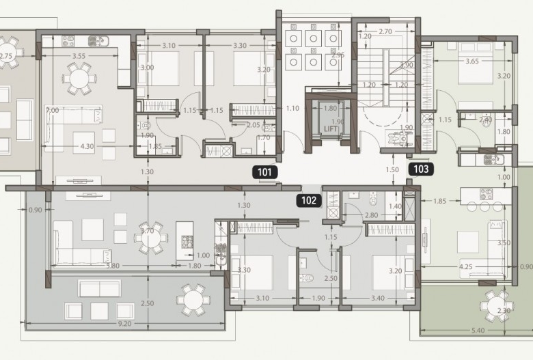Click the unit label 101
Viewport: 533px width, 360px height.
tap(265, 172)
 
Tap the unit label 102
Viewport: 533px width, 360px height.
tap(309, 200)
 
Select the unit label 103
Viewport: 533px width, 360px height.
tap(421, 169)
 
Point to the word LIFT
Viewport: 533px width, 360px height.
tap(331, 129)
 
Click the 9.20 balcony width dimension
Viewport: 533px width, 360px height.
tap(124, 324)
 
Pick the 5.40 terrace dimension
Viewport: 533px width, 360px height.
tap(478, 330)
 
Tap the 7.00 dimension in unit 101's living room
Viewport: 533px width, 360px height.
tap(52, 110)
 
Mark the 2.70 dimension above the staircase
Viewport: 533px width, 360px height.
tap(385, 31)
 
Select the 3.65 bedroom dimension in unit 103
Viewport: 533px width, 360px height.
tap(471, 61)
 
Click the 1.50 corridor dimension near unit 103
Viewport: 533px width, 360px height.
tap(392, 169)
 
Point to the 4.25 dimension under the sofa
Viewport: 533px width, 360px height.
tap(466, 267)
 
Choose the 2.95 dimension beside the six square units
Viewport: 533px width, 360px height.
tap(338, 55)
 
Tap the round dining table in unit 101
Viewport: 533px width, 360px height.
tap(79, 79)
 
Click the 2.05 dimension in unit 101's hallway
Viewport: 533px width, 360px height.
tap(254, 125)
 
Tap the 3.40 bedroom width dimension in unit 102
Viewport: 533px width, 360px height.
tap(378, 298)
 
